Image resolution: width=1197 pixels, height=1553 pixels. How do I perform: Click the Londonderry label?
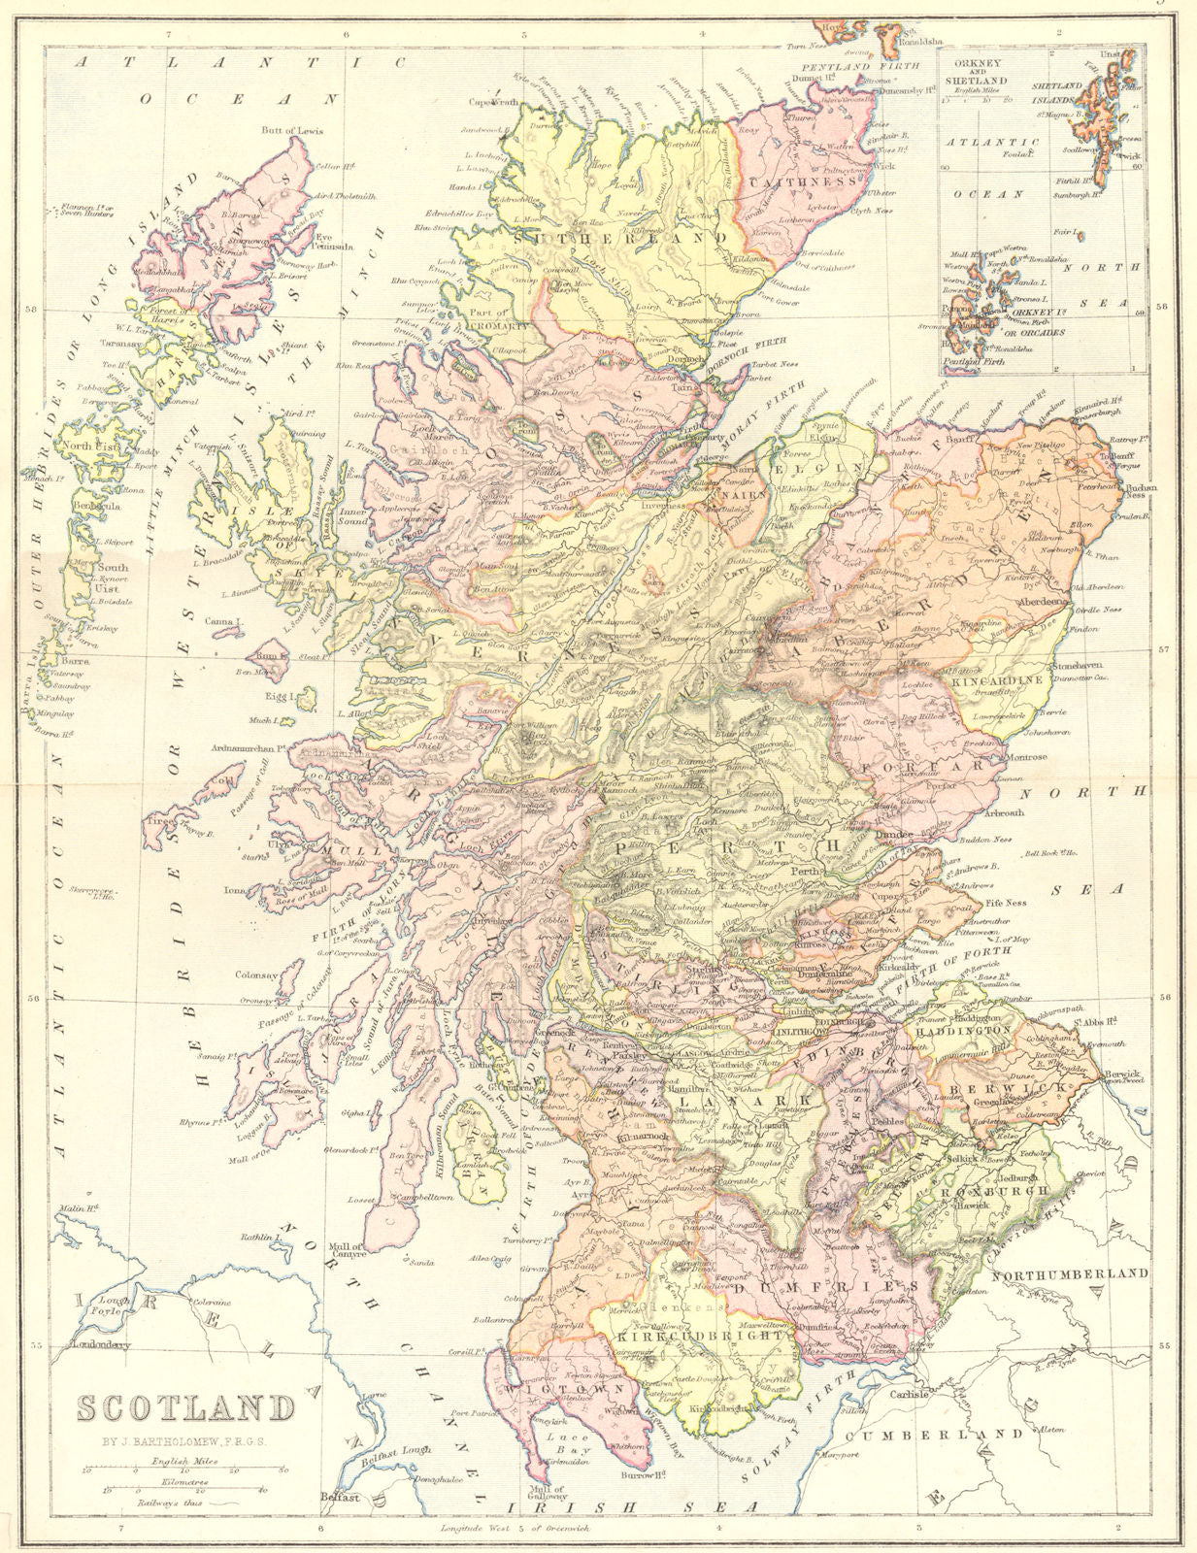tap(99, 1345)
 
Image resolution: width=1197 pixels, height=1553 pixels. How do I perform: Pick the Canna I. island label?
tap(225, 620)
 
